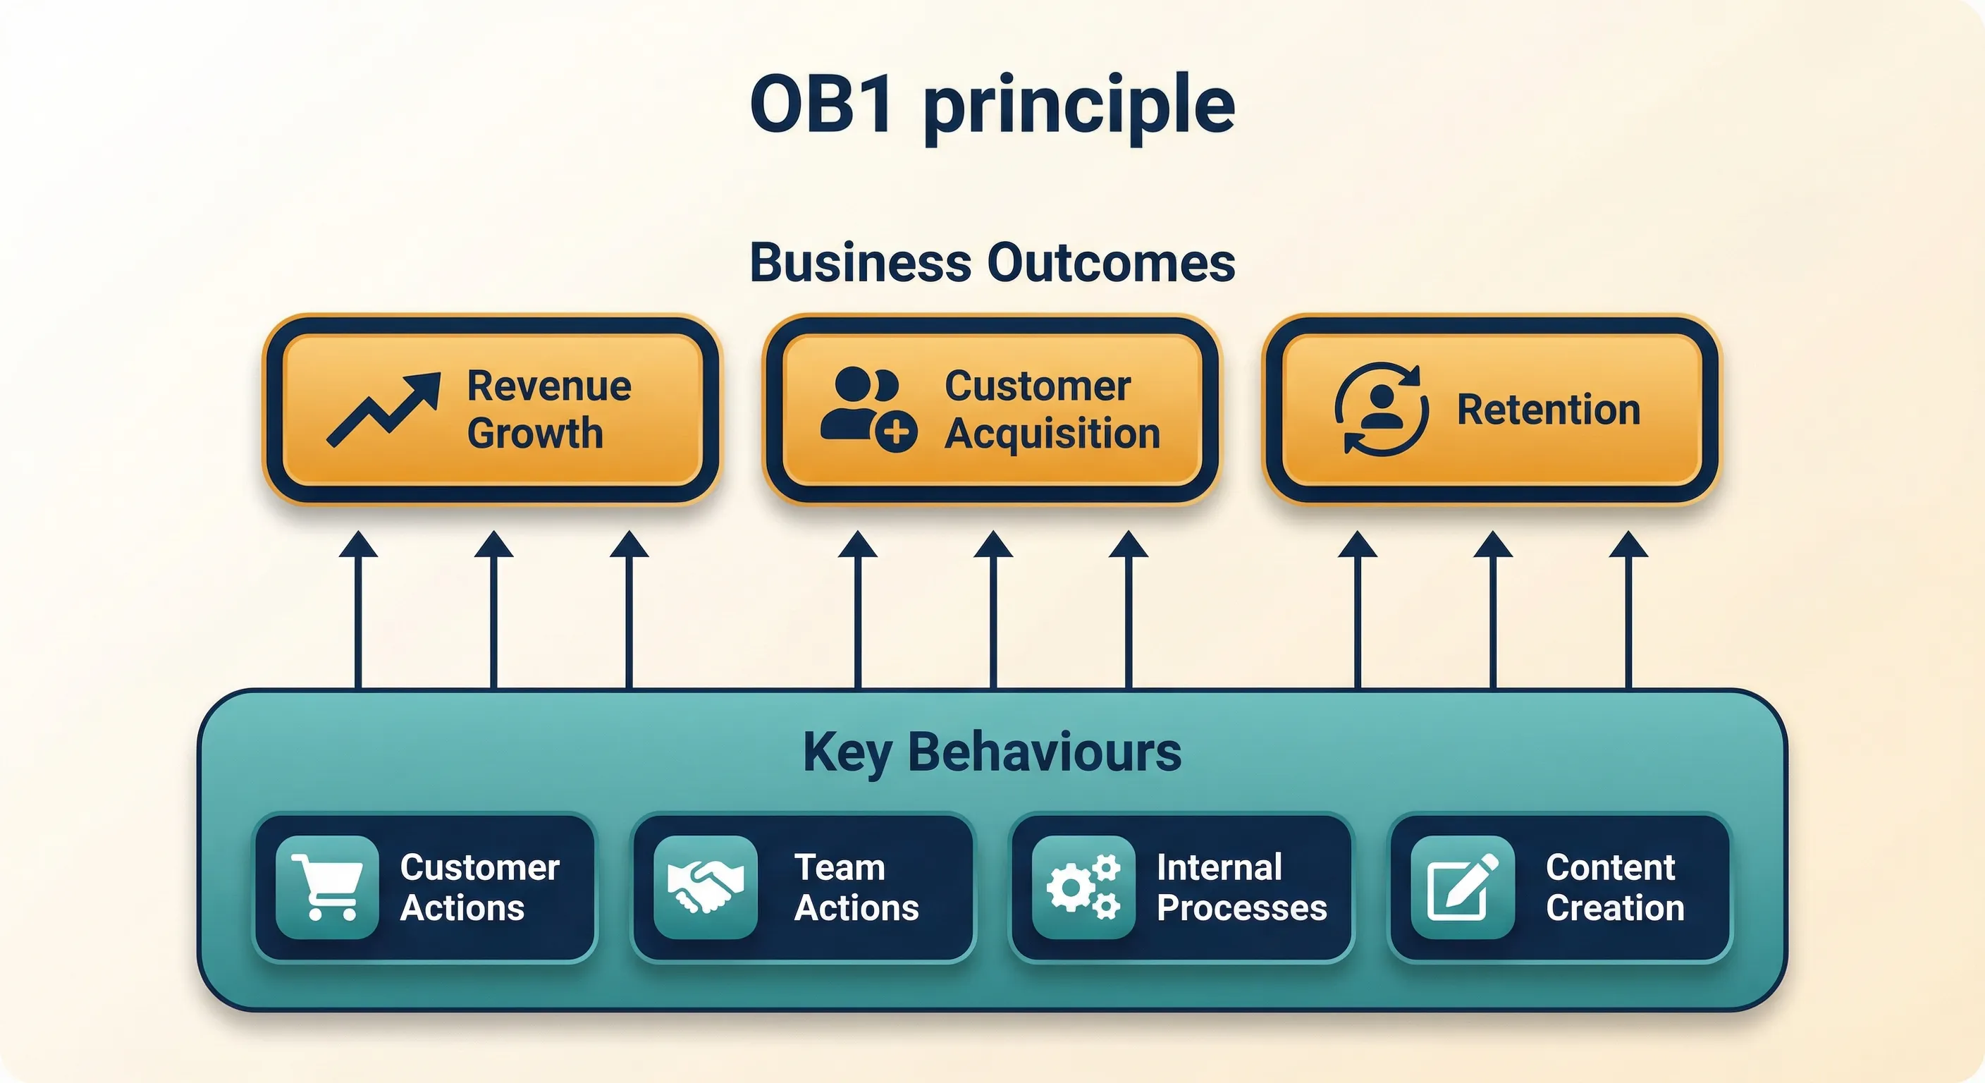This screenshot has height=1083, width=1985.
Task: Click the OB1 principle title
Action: click(993, 106)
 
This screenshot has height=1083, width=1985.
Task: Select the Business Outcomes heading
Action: click(993, 263)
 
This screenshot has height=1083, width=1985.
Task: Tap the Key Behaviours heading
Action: click(992, 752)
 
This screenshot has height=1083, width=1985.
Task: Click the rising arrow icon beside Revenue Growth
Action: click(383, 410)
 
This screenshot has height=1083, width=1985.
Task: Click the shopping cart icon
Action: click(328, 887)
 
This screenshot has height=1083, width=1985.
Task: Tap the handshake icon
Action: click(705, 887)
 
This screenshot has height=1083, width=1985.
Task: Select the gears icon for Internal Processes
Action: click(1083, 887)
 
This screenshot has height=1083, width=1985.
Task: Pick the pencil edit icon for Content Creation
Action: click(1463, 887)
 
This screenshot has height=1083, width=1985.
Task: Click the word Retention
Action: click(1548, 410)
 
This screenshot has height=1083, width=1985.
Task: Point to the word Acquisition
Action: click(1052, 433)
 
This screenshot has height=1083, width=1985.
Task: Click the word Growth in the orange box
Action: click(535, 433)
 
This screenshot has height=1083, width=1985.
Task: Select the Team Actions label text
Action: click(856, 887)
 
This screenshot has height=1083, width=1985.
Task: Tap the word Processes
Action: click(1241, 908)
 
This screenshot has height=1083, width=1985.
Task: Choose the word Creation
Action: click(1615, 908)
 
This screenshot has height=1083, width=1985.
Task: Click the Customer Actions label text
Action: click(479, 887)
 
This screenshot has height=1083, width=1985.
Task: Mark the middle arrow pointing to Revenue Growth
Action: click(494, 609)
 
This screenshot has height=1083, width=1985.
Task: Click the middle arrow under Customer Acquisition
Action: click(993, 609)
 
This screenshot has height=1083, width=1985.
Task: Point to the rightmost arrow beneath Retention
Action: click(1628, 609)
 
